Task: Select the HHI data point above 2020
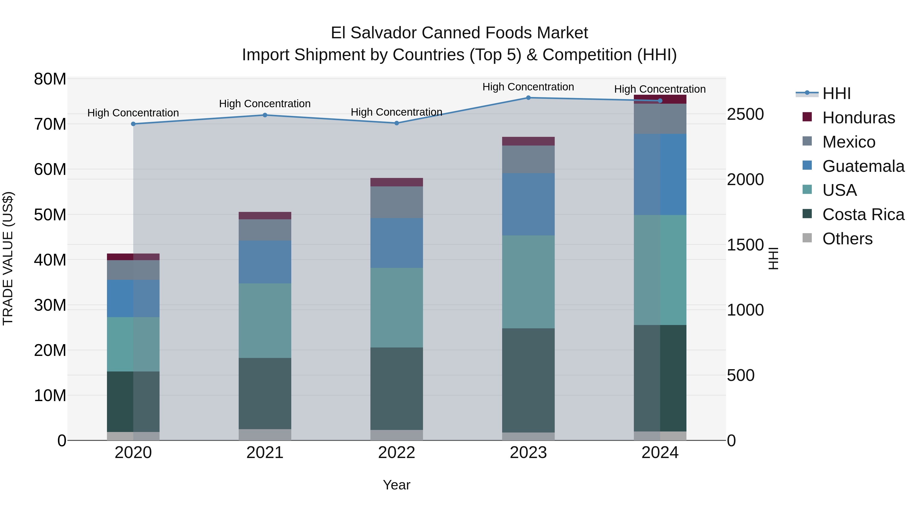(x=133, y=124)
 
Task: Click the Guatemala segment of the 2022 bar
(x=396, y=243)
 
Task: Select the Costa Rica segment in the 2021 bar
(x=265, y=393)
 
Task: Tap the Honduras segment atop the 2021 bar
(x=265, y=215)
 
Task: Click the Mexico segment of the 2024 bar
(x=660, y=119)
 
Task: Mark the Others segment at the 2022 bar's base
(x=396, y=435)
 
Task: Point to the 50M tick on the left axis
(x=50, y=215)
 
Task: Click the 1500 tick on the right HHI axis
(x=745, y=245)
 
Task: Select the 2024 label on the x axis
(x=660, y=453)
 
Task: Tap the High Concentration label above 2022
(x=396, y=112)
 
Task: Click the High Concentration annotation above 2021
(x=265, y=104)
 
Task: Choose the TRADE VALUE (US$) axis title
(x=8, y=258)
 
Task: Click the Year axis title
(x=396, y=485)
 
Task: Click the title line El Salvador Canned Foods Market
(x=459, y=33)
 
